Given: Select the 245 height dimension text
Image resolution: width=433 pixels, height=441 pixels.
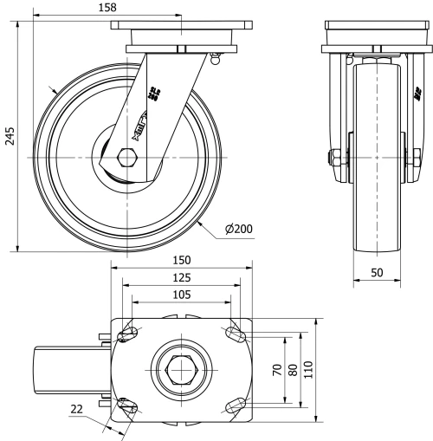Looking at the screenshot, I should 9,136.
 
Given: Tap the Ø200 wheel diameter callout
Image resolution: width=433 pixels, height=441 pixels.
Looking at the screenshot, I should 238,229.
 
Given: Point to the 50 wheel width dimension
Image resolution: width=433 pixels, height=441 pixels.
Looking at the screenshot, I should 377,272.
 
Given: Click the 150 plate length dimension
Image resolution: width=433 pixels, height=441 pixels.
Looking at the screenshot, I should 181,260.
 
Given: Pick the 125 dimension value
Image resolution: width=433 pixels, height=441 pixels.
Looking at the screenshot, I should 181,277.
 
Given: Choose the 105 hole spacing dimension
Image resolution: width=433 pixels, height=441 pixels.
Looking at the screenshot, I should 181,295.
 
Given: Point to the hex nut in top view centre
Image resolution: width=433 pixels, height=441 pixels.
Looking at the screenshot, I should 181,371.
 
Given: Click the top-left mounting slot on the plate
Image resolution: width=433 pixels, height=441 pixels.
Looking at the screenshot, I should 128,334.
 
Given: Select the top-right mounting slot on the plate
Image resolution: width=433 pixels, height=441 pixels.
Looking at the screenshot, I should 234,334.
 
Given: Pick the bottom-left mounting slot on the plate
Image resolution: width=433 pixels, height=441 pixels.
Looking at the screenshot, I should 128,405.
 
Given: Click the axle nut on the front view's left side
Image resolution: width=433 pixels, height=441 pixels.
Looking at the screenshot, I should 333,159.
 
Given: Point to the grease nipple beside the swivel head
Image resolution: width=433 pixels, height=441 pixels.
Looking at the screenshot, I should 216,59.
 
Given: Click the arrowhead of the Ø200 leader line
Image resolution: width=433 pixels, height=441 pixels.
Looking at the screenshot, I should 199,221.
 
